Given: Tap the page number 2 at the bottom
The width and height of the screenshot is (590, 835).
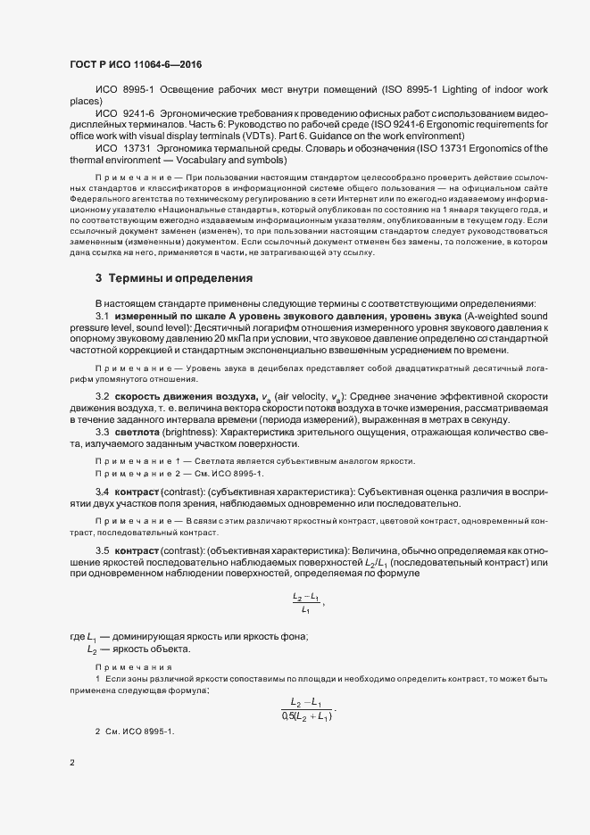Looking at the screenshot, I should (71, 762).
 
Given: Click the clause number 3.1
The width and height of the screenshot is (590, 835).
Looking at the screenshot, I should (101, 318).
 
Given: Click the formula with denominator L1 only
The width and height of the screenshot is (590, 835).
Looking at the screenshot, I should (306, 602).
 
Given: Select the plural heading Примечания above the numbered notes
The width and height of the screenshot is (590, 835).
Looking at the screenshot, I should (134, 666).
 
